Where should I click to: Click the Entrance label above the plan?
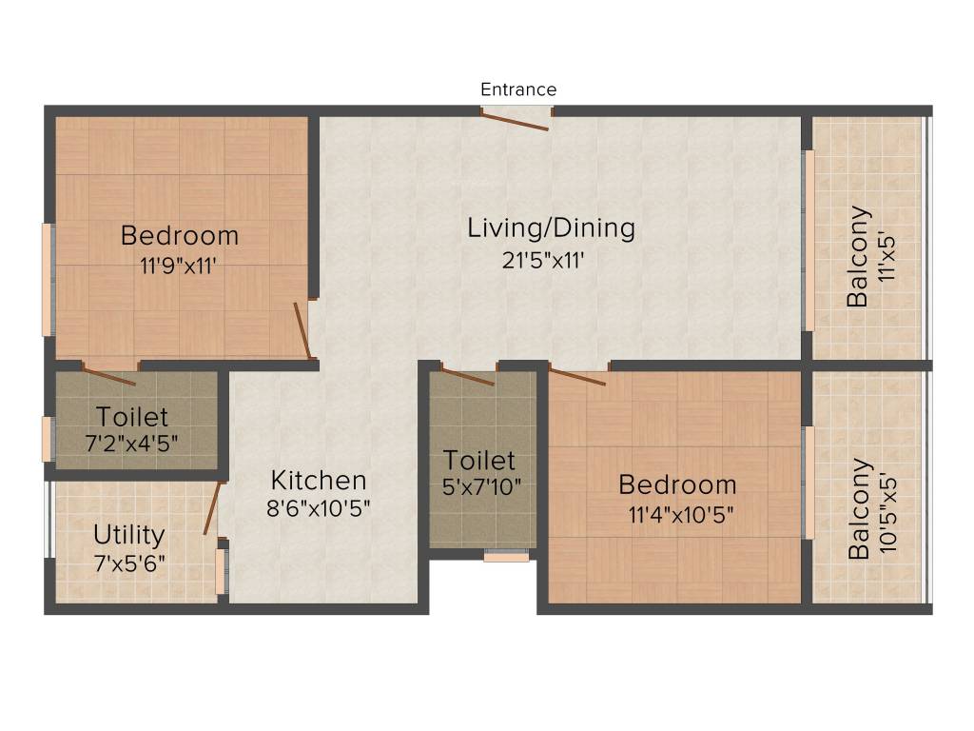[518, 89]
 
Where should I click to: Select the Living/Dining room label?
[551, 228]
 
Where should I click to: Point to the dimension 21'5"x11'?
[551, 259]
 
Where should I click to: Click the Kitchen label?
[318, 480]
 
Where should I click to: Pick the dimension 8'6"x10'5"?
[318, 507]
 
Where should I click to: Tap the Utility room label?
[128, 534]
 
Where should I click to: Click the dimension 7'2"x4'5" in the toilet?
[131, 443]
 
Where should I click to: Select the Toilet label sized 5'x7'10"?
[479, 461]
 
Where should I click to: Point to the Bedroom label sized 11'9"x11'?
[180, 234]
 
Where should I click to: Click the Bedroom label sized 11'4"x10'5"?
[677, 484]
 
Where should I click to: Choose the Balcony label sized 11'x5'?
[859, 255]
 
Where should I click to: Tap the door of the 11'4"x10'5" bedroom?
[577, 377]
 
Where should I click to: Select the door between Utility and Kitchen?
[213, 508]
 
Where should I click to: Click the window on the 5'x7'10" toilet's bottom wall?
[506, 555]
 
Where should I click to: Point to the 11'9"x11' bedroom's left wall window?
[47, 279]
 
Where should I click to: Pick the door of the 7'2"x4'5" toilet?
[109, 373]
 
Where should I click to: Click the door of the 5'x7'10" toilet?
[468, 375]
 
